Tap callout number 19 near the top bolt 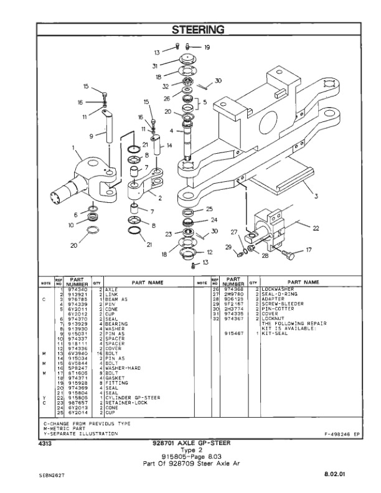[x=207, y=47]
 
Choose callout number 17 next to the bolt [x=308, y=250]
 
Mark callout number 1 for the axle [x=73, y=149]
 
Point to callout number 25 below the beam [x=209, y=209]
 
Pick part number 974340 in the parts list [x=75, y=289]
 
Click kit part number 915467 [x=233, y=333]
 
